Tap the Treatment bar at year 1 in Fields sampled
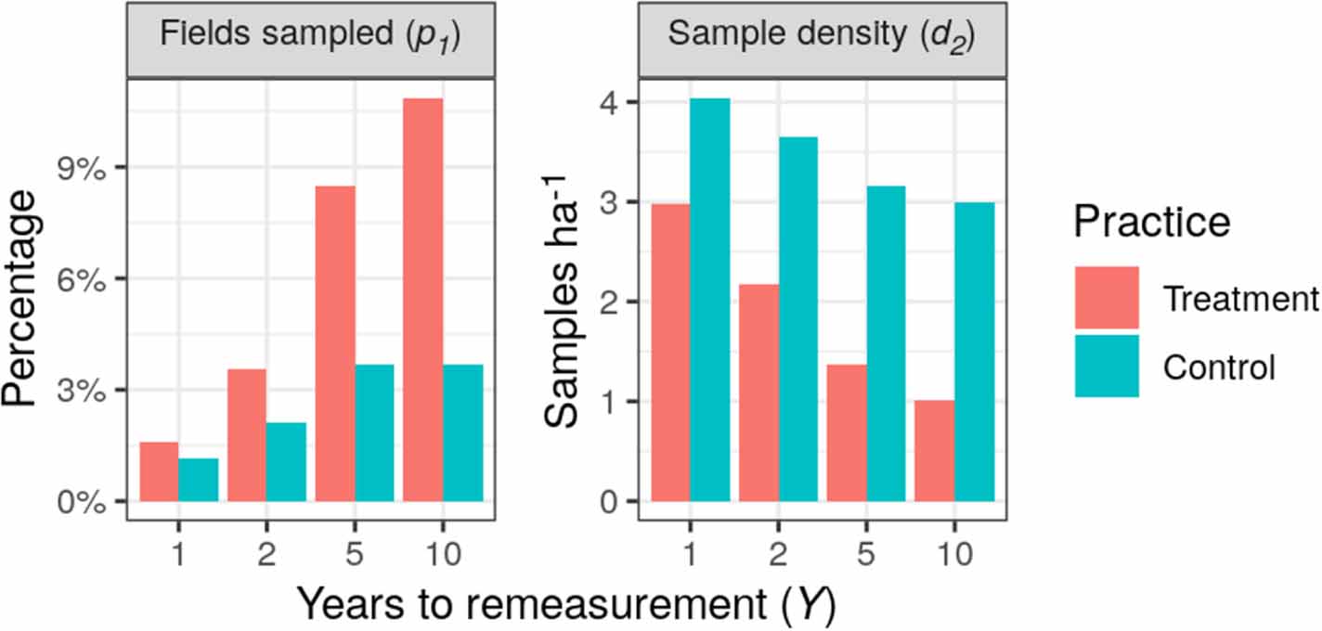coord(158,472)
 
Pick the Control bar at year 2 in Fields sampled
coord(286,462)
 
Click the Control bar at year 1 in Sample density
coord(710,300)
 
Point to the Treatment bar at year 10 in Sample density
coord(934,451)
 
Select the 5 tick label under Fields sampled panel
coord(355,555)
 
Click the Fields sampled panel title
coord(312,36)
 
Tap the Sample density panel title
coord(822,36)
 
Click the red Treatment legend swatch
coord(1107,298)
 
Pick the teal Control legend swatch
coord(1107,367)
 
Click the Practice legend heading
coord(1151,223)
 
